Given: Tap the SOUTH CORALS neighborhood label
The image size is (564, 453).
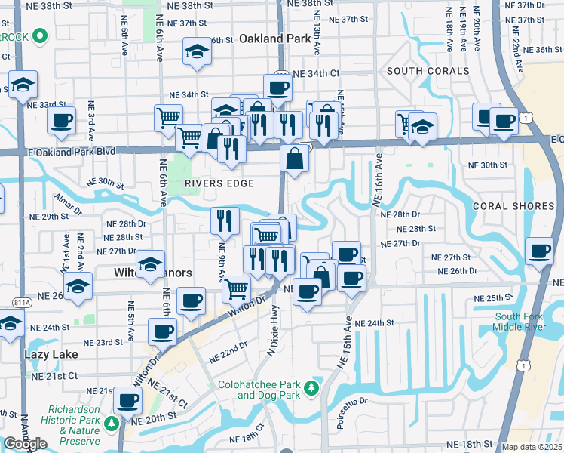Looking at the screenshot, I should [428, 71].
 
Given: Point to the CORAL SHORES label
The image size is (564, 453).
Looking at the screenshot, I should [513, 206].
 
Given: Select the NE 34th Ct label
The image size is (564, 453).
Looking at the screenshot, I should [315, 74].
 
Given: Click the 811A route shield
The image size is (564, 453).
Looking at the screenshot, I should [22, 302].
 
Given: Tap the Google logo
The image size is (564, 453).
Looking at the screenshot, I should [25, 444].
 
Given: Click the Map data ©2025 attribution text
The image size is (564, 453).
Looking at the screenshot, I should [532, 447].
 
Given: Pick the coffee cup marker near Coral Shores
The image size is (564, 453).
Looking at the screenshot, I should [539, 251].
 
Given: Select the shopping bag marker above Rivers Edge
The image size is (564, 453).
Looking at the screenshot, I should [293, 159].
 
